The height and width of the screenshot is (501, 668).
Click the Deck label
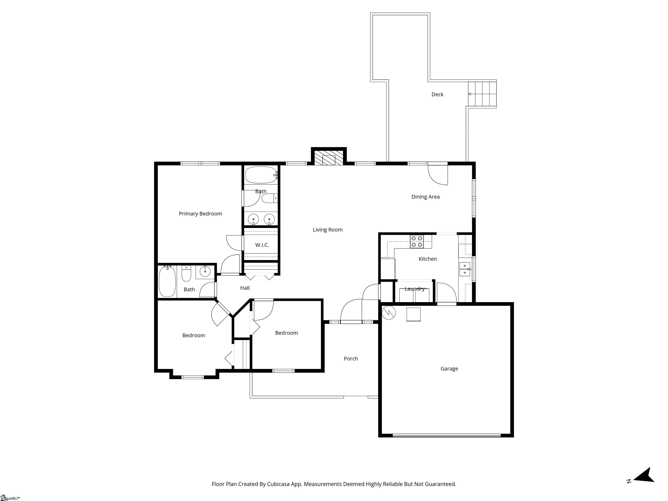click(x=437, y=95)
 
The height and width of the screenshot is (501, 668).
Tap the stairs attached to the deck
click(x=482, y=94)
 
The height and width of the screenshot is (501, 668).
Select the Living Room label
click(x=327, y=230)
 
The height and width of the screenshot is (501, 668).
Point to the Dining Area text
click(x=425, y=197)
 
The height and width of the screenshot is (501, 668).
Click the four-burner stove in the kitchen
click(x=417, y=242)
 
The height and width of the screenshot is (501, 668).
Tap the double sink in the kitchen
click(x=464, y=269)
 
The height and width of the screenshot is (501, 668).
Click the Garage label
click(x=449, y=369)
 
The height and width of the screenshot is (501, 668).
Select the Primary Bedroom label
click(x=200, y=214)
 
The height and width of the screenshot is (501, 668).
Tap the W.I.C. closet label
click(x=262, y=245)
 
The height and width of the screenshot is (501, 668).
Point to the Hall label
click(x=245, y=288)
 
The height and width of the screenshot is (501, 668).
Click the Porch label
click(x=351, y=359)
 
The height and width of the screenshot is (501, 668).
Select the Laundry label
click(x=414, y=289)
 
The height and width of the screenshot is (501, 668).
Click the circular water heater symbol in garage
click(x=388, y=313)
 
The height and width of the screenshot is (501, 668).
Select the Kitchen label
click(x=427, y=259)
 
